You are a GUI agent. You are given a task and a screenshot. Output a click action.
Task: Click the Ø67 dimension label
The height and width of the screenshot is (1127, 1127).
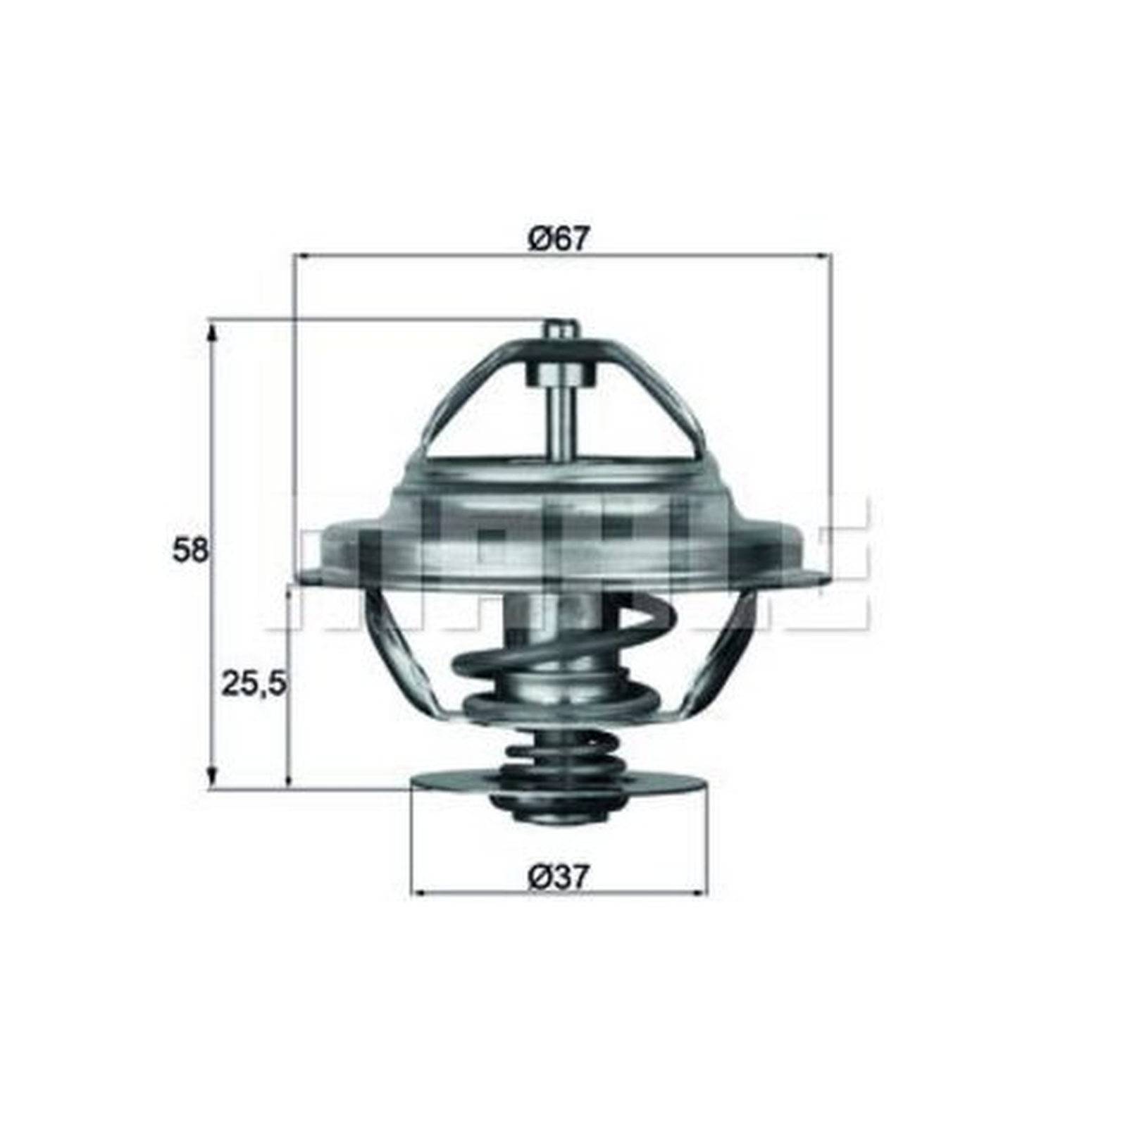(558, 240)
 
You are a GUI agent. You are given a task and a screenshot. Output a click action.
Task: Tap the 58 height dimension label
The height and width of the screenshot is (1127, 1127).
(190, 550)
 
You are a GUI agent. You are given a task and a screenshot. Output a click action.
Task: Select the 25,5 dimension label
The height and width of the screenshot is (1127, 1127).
(254, 683)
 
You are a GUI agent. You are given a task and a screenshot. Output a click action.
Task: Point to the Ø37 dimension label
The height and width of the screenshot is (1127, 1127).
(558, 878)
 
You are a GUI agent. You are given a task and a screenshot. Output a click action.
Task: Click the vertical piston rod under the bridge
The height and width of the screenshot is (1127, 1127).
(561, 423)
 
